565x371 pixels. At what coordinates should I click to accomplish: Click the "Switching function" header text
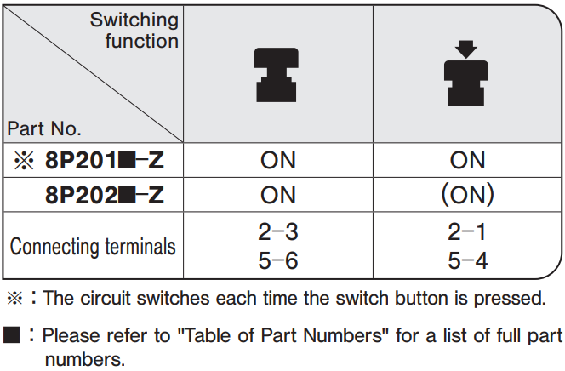click(134, 30)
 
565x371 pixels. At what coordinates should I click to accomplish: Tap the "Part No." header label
click(44, 128)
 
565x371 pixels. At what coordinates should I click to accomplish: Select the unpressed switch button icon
click(277, 75)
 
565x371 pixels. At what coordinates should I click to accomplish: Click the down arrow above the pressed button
click(466, 49)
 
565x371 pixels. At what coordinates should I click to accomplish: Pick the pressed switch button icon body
click(466, 83)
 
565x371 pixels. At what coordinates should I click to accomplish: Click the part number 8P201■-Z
click(105, 160)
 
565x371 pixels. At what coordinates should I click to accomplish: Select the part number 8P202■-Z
click(105, 195)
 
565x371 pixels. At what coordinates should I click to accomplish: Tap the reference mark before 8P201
click(24, 160)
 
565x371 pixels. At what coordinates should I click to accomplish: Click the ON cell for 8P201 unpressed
click(278, 160)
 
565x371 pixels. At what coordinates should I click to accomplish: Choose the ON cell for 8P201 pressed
click(467, 160)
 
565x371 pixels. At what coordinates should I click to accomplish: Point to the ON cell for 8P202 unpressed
click(278, 195)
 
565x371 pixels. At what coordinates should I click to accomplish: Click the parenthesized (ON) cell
click(467, 195)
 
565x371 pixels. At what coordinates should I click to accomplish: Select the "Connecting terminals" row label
click(93, 247)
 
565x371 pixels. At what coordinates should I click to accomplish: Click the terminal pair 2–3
click(278, 231)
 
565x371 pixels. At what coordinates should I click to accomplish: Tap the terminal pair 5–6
click(278, 260)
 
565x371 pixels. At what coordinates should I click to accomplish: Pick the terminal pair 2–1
click(467, 231)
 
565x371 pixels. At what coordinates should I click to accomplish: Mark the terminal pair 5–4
click(467, 260)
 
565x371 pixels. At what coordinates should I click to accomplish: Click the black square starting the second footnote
click(12, 334)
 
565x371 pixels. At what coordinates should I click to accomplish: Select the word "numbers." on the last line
click(85, 359)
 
